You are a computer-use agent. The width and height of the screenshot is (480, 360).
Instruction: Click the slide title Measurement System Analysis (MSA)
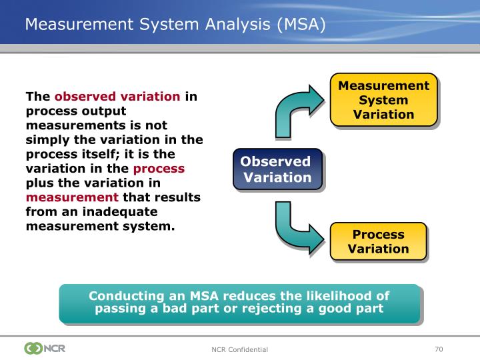pyautogui.click(x=175, y=25)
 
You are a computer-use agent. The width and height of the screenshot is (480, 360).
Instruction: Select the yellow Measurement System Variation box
pyautogui.click(x=383, y=100)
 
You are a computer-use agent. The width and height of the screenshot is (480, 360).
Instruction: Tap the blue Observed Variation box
pyautogui.click(x=277, y=169)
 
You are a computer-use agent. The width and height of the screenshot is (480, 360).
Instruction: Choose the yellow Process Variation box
pyautogui.click(x=378, y=241)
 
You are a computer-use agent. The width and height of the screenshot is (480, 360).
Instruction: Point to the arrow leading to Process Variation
pyautogui.click(x=297, y=227)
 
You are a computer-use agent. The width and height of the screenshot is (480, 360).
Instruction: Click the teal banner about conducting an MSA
pyautogui.click(x=239, y=302)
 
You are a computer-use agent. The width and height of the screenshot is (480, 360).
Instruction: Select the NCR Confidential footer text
pyautogui.click(x=239, y=349)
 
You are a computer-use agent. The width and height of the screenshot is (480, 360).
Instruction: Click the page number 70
pyautogui.click(x=438, y=349)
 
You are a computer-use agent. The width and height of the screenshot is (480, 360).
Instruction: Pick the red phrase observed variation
pyautogui.click(x=117, y=96)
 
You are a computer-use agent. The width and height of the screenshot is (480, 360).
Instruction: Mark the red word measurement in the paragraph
pyautogui.click(x=72, y=197)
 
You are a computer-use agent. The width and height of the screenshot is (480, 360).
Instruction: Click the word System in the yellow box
pyautogui.click(x=383, y=100)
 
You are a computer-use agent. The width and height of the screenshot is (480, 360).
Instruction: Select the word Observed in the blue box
pyautogui.click(x=275, y=162)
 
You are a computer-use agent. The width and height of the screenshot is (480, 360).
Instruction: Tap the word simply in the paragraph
pyautogui.click(x=45, y=139)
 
